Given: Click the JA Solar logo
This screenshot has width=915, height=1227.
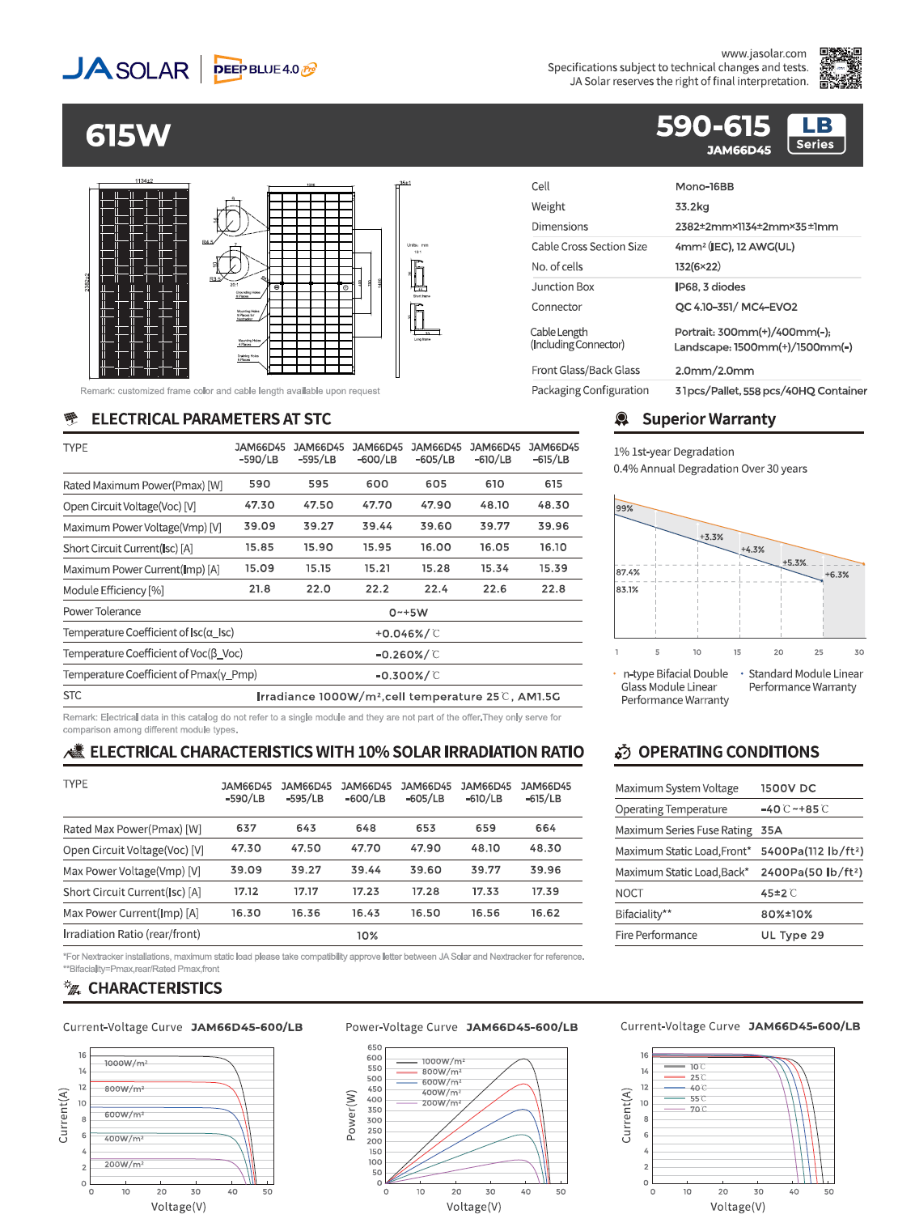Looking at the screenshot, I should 126,69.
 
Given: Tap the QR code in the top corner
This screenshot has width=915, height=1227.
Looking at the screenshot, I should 840,68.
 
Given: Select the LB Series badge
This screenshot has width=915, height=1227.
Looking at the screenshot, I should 815,134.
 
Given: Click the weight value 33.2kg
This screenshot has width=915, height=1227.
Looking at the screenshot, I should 692,206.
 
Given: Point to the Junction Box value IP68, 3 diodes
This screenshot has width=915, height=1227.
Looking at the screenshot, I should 710,287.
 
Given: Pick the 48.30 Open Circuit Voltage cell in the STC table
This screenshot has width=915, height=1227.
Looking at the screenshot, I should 553,505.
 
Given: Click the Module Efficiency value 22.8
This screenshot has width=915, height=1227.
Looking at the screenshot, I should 553,589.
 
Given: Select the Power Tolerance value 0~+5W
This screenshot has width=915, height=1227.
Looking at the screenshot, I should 408,613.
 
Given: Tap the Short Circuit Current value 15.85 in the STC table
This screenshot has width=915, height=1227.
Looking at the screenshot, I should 260,547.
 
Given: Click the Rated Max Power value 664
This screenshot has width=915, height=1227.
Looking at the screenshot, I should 545,828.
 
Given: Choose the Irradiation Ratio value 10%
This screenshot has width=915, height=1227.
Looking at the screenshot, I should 367,936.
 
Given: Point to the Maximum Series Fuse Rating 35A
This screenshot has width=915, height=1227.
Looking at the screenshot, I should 771,830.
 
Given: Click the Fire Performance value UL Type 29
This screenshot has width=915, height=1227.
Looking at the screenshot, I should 792,935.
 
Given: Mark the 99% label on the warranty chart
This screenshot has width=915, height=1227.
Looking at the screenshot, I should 625,508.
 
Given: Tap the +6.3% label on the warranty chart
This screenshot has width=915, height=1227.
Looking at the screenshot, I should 837,575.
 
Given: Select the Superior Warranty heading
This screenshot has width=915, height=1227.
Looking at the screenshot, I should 708,419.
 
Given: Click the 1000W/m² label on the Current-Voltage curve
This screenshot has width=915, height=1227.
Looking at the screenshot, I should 125,1064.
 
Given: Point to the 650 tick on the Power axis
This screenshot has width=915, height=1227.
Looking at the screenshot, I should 375,1047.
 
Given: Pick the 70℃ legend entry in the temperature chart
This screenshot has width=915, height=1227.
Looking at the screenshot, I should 697,1109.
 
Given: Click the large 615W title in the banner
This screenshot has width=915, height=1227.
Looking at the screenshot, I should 128,135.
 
